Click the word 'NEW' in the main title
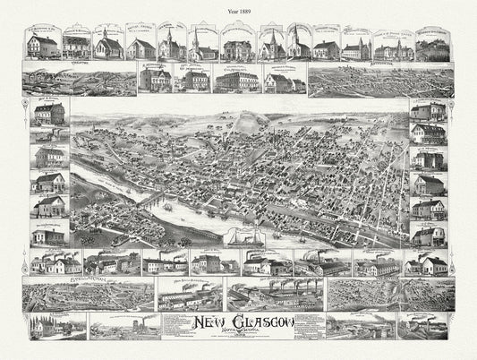coord(211,320)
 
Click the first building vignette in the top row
coord(44,45)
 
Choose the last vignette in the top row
coord(435,45)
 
